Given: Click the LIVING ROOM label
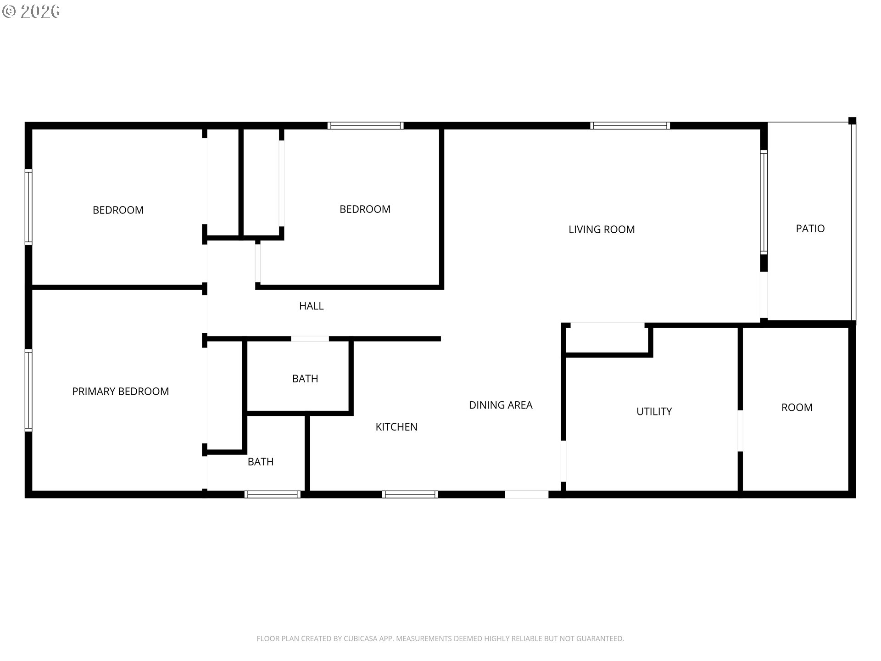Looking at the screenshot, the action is (x=602, y=230).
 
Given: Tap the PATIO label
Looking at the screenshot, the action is (x=810, y=229).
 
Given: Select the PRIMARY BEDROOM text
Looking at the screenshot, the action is (x=121, y=392).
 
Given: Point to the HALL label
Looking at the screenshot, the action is (x=312, y=306).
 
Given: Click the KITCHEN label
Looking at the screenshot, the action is (x=396, y=427).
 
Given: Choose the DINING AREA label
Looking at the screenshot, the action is (x=501, y=405).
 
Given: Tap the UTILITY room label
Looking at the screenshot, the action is (x=654, y=412).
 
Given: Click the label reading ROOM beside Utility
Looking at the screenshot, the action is (x=797, y=408).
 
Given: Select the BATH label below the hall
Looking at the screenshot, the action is (x=305, y=379).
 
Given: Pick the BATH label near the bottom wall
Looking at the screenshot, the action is (x=261, y=462).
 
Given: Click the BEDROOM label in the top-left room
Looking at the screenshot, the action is (x=118, y=210).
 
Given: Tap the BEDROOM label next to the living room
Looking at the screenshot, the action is (x=365, y=209).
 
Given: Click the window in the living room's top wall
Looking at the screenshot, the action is (x=630, y=126).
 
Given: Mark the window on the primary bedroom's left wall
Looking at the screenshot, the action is (x=28, y=391).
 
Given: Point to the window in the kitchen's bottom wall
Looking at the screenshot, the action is (x=410, y=494).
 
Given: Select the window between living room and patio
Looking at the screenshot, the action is (x=764, y=202).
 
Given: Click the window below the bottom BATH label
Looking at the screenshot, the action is (x=273, y=494).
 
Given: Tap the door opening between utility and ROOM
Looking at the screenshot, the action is (x=740, y=431).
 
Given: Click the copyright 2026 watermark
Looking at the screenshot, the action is (x=31, y=11).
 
